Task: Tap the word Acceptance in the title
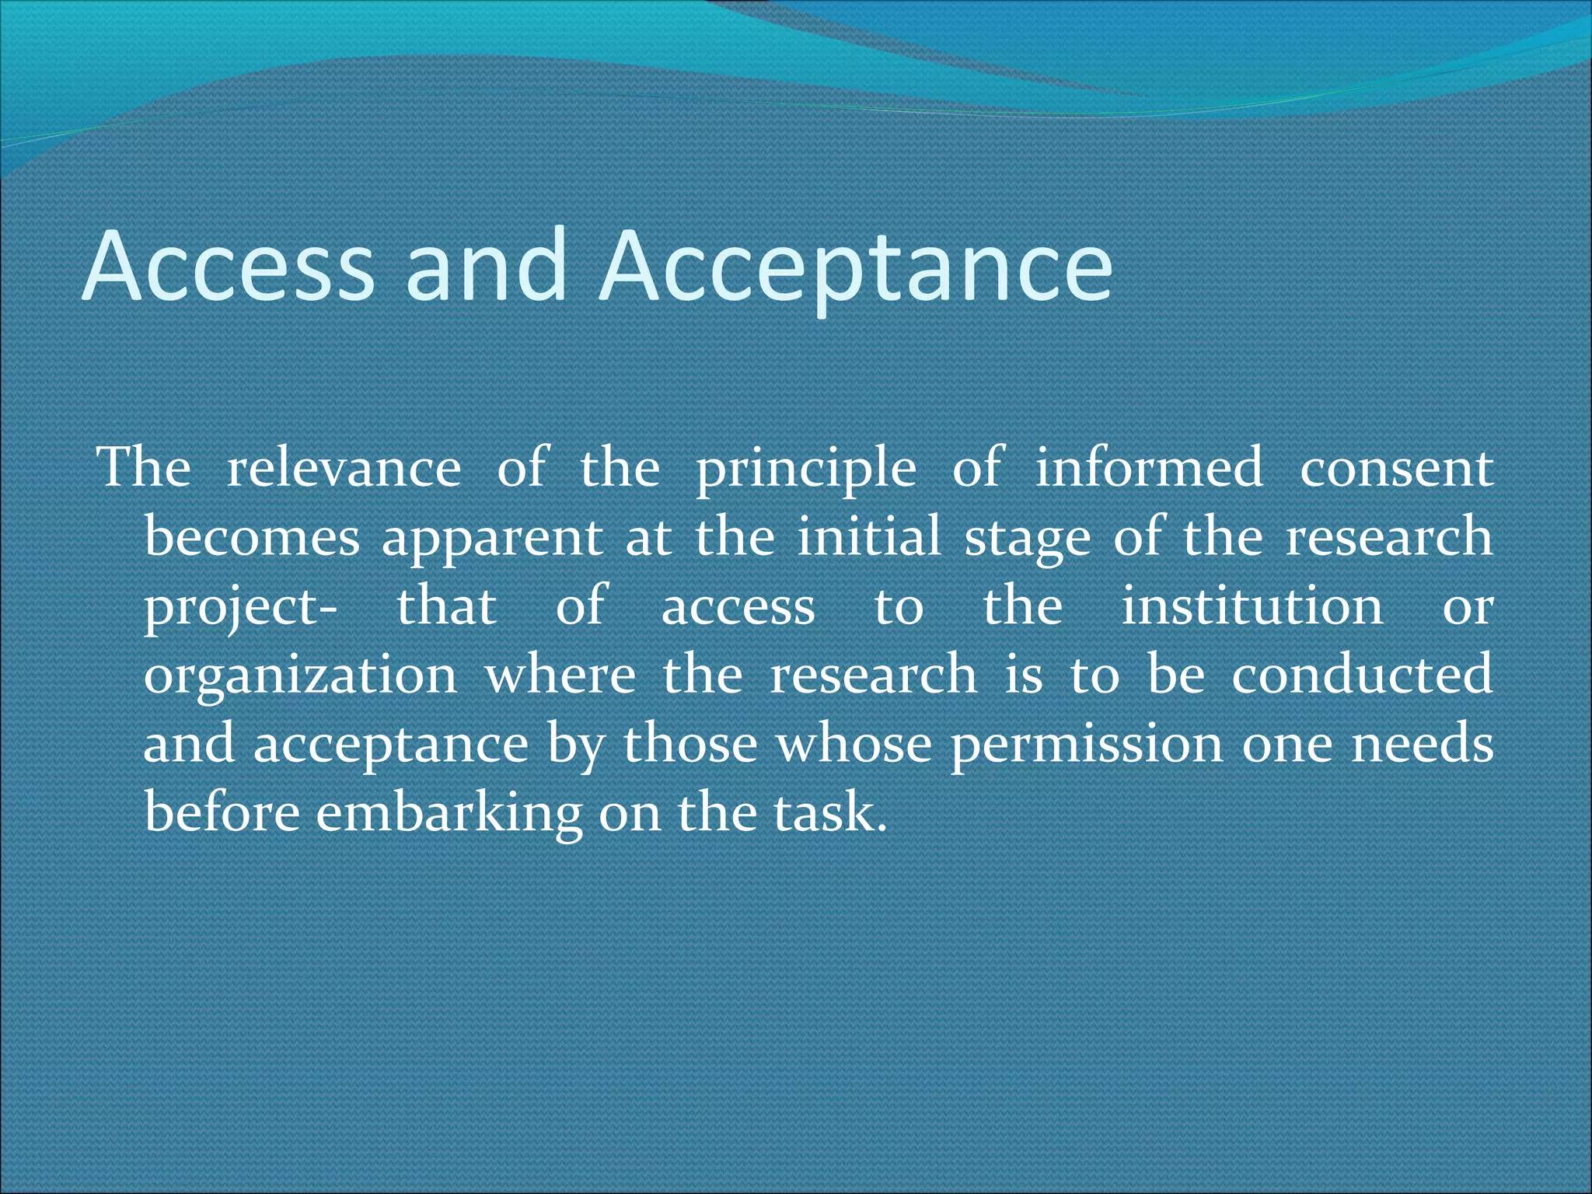[856, 266]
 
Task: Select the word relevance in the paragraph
[344, 468]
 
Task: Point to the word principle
[806, 470]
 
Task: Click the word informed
[1149, 468]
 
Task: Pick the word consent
[1396, 468]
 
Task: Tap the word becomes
[253, 537]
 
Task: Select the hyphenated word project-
[241, 607]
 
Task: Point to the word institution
[1252, 606]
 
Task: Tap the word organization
[301, 676]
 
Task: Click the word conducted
[1362, 674]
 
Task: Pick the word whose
[854, 744]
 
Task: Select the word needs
[1423, 744]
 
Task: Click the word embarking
[449, 814]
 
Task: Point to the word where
[560, 674]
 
